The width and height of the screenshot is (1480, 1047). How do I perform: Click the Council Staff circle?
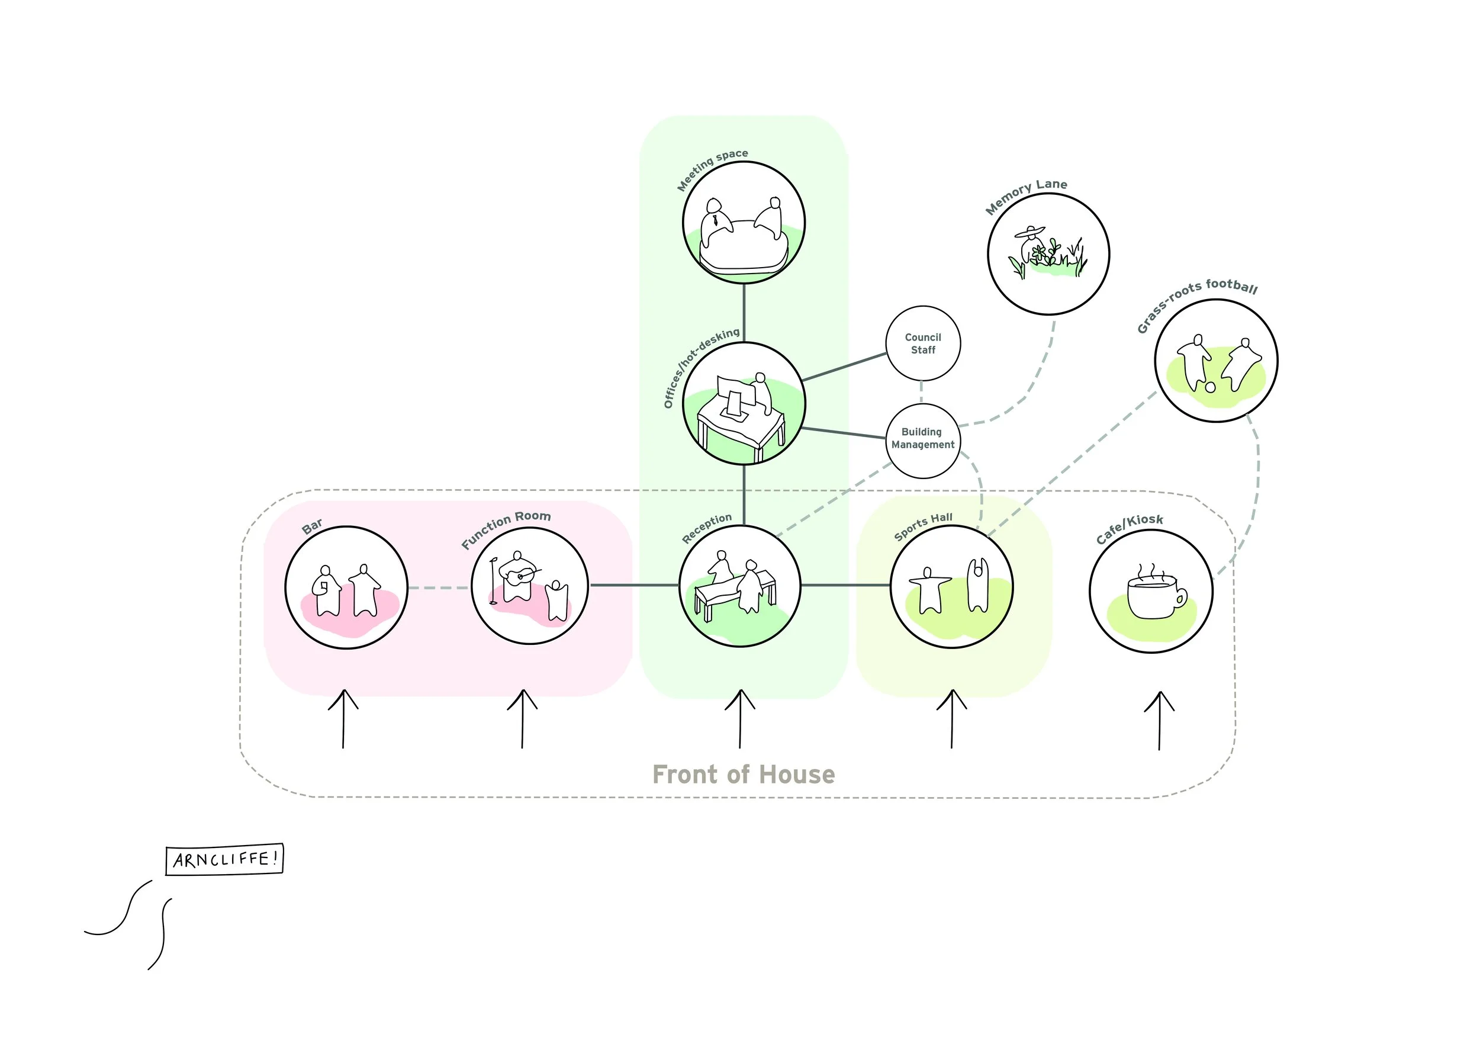pyautogui.click(x=922, y=343)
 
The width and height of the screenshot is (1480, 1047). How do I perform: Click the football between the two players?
pyautogui.click(x=1210, y=387)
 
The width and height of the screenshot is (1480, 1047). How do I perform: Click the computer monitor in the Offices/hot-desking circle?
pyautogui.click(x=735, y=393)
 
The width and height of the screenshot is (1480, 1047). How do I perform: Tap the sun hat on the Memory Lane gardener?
pyautogui.click(x=1029, y=232)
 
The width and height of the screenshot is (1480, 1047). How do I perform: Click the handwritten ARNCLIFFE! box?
pyautogui.click(x=224, y=859)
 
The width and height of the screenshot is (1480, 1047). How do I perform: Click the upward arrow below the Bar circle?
pyautogui.click(x=343, y=718)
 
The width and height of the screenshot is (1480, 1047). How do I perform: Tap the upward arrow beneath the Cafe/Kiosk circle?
pyautogui.click(x=1159, y=720)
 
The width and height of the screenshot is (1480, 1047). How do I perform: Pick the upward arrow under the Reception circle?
pyautogui.click(x=740, y=718)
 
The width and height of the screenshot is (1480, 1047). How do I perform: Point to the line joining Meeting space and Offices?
pyautogui.click(x=744, y=313)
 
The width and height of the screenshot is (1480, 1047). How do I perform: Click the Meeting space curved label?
pyautogui.click(x=712, y=169)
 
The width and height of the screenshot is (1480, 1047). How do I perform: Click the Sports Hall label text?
pyautogui.click(x=923, y=526)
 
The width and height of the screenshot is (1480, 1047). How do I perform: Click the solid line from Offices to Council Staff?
pyautogui.click(x=844, y=366)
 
